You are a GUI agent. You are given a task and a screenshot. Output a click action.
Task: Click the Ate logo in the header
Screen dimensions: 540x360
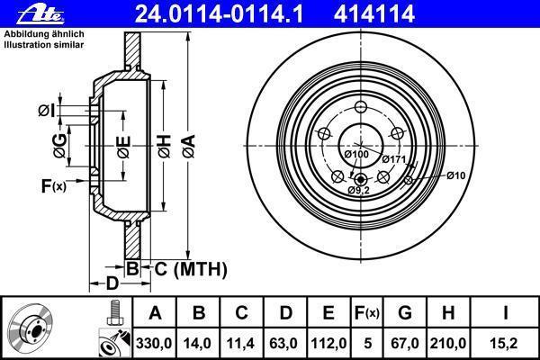[40, 14]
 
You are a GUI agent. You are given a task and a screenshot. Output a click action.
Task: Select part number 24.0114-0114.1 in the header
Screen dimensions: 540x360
[219, 13]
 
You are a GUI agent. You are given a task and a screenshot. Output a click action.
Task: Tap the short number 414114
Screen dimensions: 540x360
[374, 13]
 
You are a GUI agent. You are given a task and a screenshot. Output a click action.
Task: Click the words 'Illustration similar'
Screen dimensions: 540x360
[44, 45]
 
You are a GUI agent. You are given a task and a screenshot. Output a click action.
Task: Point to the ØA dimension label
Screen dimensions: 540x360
[189, 146]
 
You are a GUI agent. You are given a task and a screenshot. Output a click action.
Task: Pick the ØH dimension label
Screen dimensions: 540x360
[165, 146]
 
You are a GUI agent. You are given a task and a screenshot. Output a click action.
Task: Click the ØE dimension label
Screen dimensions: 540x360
[123, 147]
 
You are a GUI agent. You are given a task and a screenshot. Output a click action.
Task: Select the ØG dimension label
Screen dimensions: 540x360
[59, 146]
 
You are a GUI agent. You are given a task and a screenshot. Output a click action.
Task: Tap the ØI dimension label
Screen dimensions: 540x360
[47, 111]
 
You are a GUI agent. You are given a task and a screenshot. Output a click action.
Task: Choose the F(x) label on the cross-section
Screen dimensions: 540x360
[54, 186]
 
